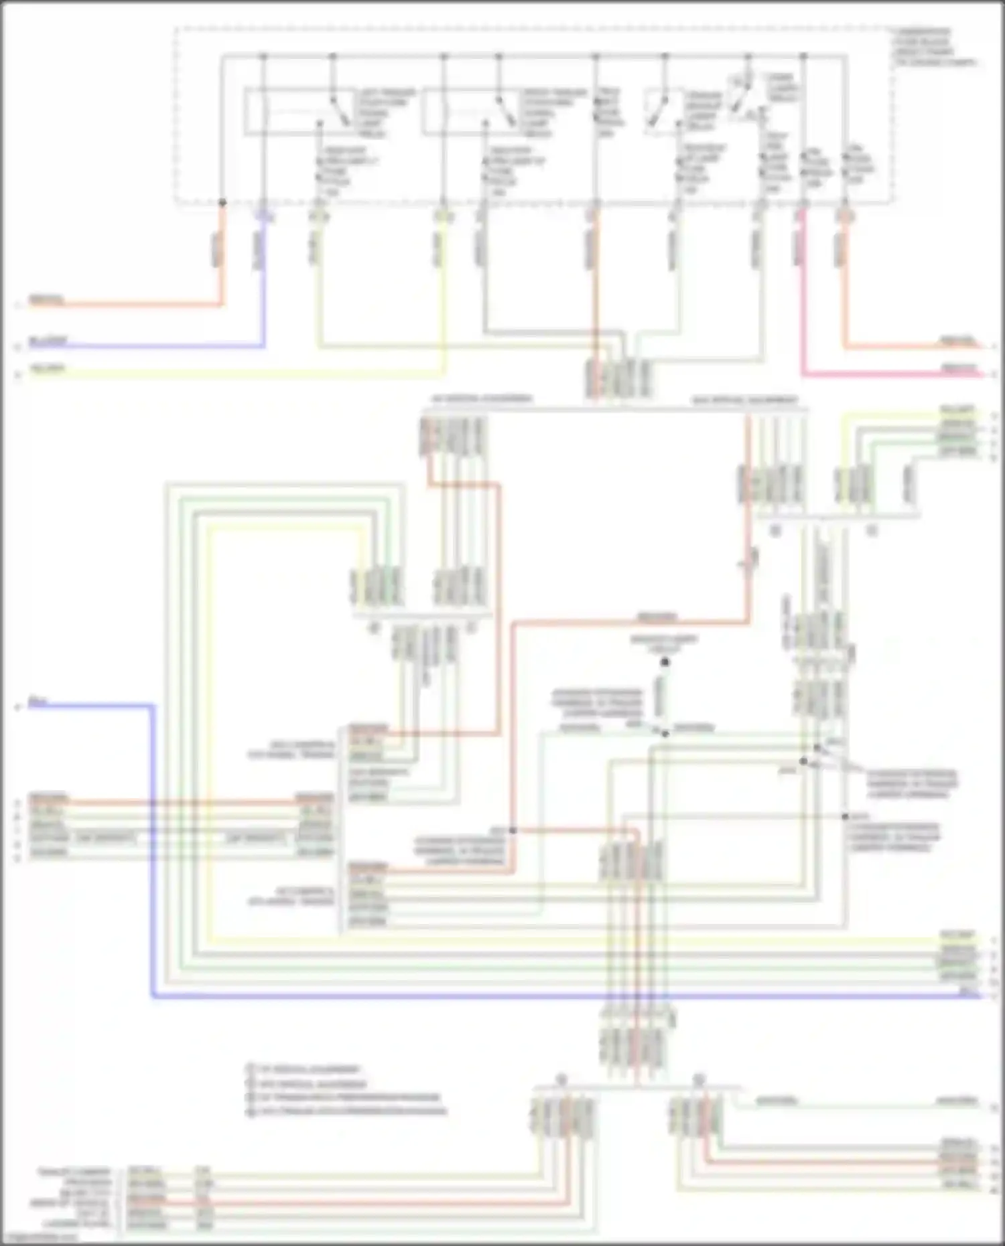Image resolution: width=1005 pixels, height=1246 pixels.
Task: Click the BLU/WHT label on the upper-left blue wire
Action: tap(48, 341)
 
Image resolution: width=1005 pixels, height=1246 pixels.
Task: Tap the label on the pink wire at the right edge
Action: tap(959, 368)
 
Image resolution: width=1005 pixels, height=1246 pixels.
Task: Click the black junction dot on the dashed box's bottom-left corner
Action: tap(222, 202)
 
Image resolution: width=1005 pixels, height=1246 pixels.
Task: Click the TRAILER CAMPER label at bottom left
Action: tap(74, 1172)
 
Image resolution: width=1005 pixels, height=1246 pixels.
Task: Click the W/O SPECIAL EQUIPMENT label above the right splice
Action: tap(744, 400)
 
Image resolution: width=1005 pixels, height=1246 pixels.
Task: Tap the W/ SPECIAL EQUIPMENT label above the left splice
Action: tap(478, 399)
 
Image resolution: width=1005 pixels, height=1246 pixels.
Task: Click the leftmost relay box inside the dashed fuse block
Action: tap(295, 112)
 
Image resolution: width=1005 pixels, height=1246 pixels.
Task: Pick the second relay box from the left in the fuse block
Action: tap(469, 112)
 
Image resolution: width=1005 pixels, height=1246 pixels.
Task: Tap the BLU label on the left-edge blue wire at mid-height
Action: tap(38, 702)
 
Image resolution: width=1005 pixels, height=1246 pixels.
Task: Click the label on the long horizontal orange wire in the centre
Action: tap(657, 617)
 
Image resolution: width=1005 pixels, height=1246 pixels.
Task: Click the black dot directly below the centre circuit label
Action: tap(665, 662)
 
